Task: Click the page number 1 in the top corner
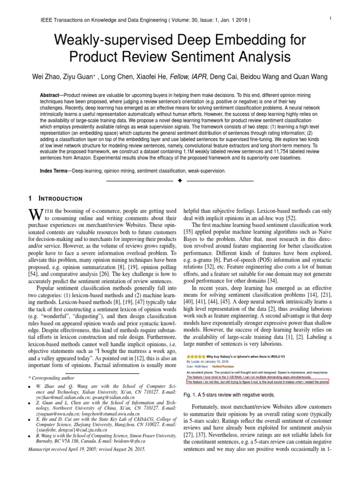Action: (330, 18)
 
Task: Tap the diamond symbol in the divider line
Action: (180, 180)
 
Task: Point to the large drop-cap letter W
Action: (35, 215)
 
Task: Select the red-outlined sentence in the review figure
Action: (257, 382)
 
